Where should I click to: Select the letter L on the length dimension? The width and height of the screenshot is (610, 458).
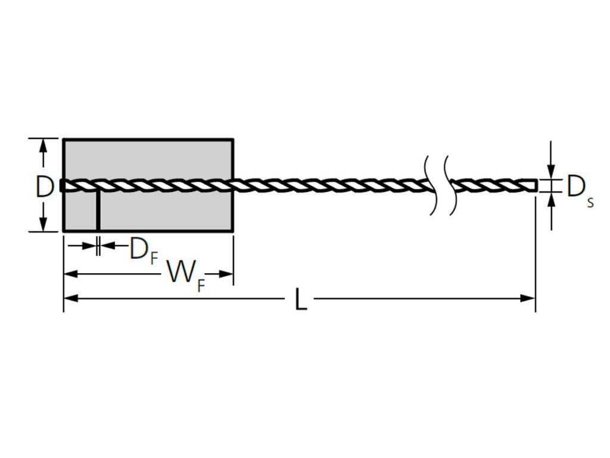point(301,299)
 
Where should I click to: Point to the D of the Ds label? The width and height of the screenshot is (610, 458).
point(575,187)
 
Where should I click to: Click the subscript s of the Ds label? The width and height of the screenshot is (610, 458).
point(590,203)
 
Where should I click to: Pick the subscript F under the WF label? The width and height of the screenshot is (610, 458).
point(201,286)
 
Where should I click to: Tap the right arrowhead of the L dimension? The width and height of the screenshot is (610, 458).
point(528,298)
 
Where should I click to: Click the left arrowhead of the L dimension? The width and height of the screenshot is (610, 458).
point(71,298)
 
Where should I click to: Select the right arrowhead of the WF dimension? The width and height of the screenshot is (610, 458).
point(226,274)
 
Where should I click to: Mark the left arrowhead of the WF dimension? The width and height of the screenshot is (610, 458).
point(71,274)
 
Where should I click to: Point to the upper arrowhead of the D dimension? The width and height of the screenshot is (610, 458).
point(43,146)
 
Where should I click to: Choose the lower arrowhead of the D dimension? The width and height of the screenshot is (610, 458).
point(43,224)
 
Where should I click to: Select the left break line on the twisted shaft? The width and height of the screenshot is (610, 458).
point(430,185)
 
